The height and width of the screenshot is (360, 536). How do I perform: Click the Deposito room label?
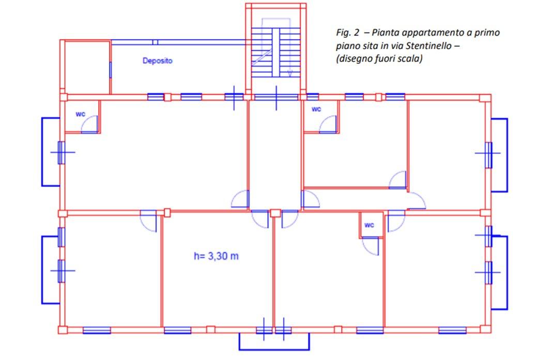click(157, 61)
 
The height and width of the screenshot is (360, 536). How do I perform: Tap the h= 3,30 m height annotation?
click(216, 256)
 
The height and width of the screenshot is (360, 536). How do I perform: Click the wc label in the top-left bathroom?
click(80, 114)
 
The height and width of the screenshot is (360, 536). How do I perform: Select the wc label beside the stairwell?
click(316, 109)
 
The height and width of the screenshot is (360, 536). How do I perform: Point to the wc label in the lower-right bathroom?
click(369, 225)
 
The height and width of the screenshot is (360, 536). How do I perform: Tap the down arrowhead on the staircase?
click(290, 73)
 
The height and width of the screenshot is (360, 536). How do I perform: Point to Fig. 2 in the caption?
click(348, 33)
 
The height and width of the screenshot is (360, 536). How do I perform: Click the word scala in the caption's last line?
click(411, 59)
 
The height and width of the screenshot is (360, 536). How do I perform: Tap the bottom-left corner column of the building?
click(63, 330)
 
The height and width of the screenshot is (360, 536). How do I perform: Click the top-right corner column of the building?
click(485, 98)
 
